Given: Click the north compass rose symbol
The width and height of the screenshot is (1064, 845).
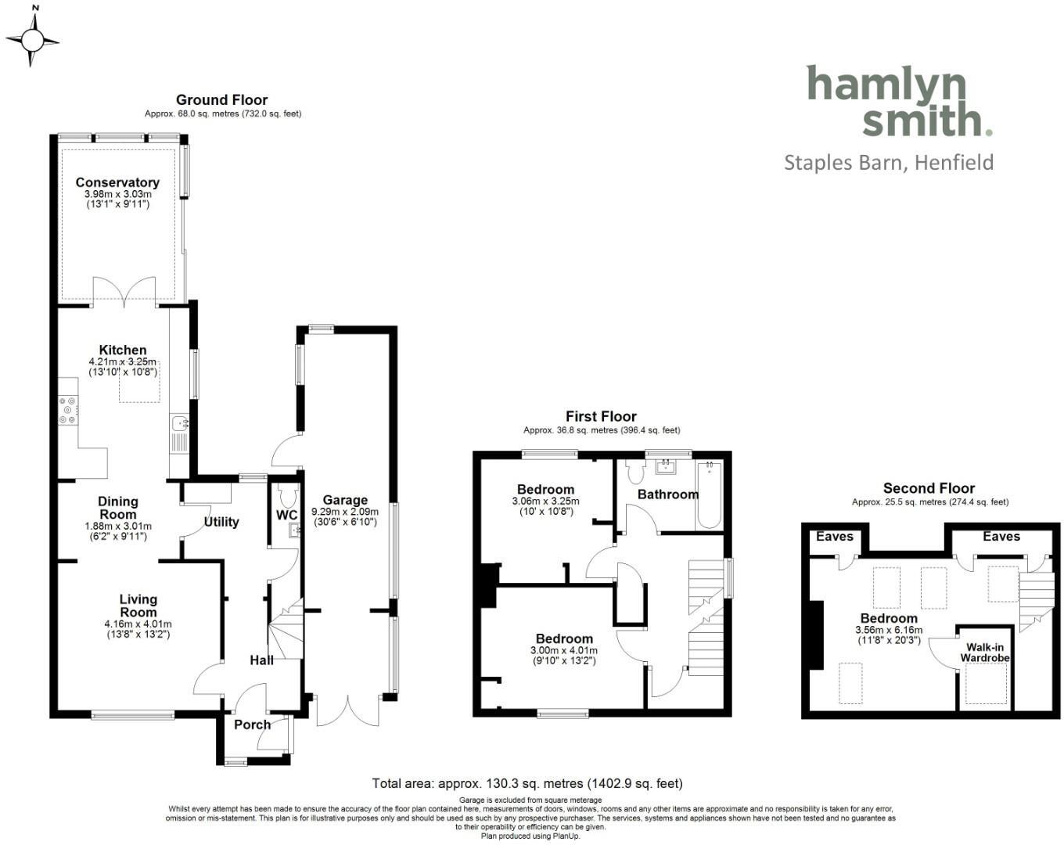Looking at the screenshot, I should [32, 40].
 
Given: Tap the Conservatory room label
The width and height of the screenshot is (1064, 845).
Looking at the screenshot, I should [117, 182].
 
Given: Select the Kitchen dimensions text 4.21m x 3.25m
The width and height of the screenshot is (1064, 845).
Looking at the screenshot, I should [122, 362].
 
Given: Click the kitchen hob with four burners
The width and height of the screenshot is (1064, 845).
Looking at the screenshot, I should [69, 411].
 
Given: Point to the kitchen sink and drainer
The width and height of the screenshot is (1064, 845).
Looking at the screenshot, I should [180, 434].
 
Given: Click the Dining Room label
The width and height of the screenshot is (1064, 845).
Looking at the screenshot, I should [118, 507].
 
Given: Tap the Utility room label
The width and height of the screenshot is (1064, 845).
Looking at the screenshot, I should [221, 522].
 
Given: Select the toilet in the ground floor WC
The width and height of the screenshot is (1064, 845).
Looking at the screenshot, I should [287, 495].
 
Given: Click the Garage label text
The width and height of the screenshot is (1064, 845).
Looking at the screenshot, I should [345, 500].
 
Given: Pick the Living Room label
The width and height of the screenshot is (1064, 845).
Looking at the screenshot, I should [138, 606].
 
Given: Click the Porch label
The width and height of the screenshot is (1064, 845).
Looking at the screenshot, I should [252, 725].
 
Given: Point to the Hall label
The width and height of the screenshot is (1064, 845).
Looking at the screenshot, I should [261, 660].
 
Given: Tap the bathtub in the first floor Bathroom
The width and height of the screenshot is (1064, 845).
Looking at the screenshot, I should [709, 495].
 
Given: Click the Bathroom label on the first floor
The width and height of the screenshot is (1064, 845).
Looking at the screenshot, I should [667, 494].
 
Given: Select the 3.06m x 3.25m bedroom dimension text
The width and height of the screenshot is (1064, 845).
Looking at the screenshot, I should [545, 501].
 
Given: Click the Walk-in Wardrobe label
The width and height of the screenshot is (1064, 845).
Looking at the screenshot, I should [984, 653].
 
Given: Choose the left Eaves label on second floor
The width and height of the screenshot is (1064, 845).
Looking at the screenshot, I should [834, 536].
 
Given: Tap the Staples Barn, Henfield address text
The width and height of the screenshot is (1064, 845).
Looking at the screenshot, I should [889, 163].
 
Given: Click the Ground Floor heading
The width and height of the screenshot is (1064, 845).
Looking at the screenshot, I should [221, 99].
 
